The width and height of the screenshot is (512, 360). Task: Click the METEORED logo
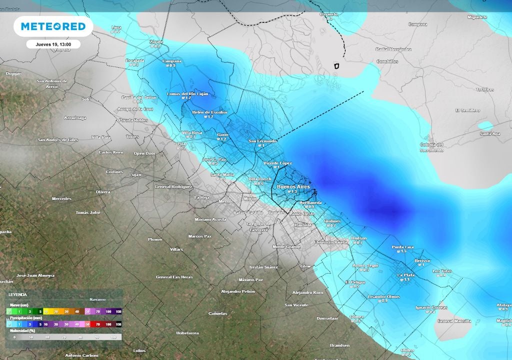pyautogui.click(x=53, y=26)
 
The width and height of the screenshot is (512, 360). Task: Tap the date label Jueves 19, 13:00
pyautogui.click(x=53, y=44)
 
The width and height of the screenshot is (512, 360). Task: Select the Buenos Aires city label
pyautogui.click(x=293, y=187)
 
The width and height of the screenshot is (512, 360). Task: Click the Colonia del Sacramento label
pyautogui.click(x=432, y=147)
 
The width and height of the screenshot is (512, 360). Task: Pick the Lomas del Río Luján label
pyautogui.click(x=187, y=94)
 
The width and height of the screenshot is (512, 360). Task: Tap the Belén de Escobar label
pyautogui.click(x=209, y=112)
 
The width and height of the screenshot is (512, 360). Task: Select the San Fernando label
pyautogui.click(x=262, y=141)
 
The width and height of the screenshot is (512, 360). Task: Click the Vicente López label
pyautogui.click(x=277, y=163)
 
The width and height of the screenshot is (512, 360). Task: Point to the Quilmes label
pyautogui.click(x=332, y=221)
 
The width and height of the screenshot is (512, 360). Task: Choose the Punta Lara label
pyautogui.click(x=402, y=247)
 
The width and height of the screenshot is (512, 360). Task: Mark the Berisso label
pyautogui.click(x=422, y=261)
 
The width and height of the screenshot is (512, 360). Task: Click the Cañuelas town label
pyautogui.click(x=218, y=313)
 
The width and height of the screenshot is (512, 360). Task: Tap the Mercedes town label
pyautogui.click(x=61, y=198)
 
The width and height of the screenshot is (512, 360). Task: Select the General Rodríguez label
pyautogui.click(x=173, y=186)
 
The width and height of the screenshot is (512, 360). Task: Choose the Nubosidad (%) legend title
pyautogui.click(x=22, y=331)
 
